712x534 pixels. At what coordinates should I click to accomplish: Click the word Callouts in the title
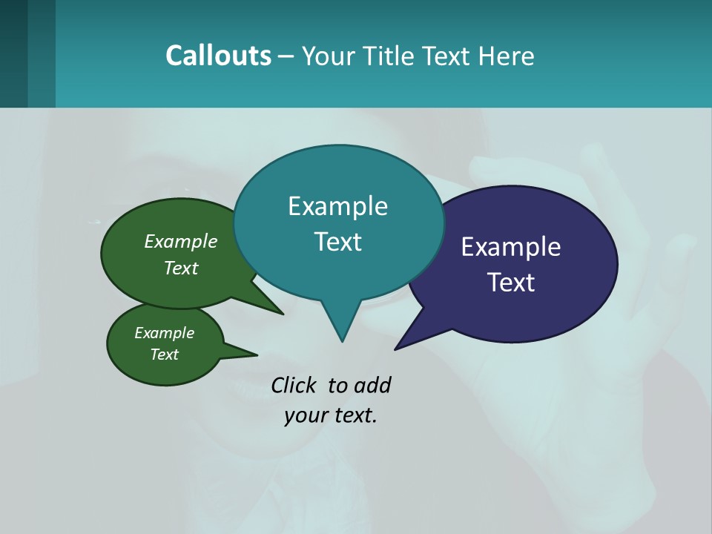click(x=218, y=56)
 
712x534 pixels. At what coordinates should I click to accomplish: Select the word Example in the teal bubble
click(x=337, y=206)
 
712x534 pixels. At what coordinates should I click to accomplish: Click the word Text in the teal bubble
click(x=337, y=242)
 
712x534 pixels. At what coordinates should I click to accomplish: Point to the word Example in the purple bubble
click(x=511, y=247)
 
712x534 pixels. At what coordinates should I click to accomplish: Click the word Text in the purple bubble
click(x=511, y=283)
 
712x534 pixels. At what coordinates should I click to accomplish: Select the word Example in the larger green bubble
click(x=181, y=242)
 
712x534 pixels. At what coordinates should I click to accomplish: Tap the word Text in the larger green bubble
click(x=181, y=268)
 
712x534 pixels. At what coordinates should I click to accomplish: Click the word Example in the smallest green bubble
click(x=164, y=333)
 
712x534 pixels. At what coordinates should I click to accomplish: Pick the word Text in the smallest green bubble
click(x=164, y=355)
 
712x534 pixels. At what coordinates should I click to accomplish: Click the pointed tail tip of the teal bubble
click(x=342, y=340)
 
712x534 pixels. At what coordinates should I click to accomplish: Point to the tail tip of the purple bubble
click(x=396, y=349)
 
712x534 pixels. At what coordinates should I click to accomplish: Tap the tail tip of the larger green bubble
click(x=282, y=314)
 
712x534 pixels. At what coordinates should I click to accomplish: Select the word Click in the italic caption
click(x=294, y=386)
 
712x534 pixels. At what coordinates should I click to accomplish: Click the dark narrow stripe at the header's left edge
click(x=13, y=53)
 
